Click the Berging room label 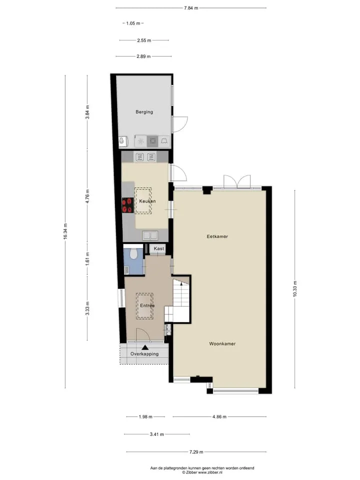(x=144, y=112)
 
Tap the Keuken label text (x=147, y=201)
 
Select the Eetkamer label (x=217, y=236)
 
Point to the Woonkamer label (x=222, y=344)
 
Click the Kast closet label (x=159, y=248)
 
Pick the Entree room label (x=147, y=305)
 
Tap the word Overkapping (x=144, y=354)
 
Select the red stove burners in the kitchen (x=127, y=205)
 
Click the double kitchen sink (x=150, y=235)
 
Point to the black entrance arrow (x=145, y=347)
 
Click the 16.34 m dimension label (x=65, y=231)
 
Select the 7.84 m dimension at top (x=191, y=8)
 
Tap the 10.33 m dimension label (x=295, y=288)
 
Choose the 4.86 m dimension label (x=219, y=416)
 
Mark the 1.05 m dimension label (x=133, y=23)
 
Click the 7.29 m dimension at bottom (x=196, y=452)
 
